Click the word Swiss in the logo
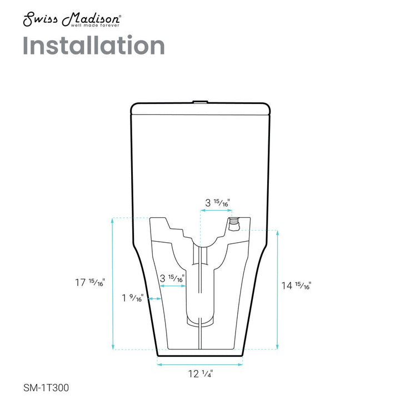coord(41,19)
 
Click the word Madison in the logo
coord(92,19)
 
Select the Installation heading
coord(94,46)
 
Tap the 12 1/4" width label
coord(200,374)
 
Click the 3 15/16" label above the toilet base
coord(217,203)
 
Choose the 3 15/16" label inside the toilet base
coord(172,278)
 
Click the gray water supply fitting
coord(234,224)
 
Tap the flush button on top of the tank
coord(200,102)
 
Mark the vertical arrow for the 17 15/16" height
coord(113,283)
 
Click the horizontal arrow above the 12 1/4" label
coord(200,364)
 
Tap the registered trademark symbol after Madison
coord(121,17)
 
